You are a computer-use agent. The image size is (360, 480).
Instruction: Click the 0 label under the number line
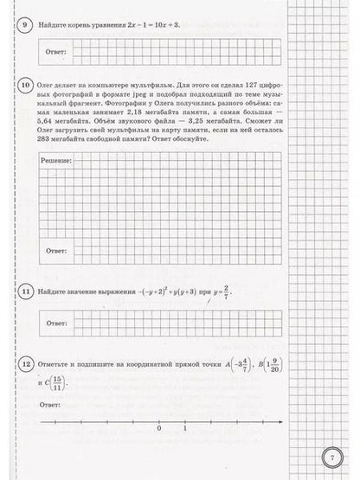[x=159, y=427]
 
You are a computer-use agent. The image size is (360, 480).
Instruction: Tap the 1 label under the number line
[x=184, y=427]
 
